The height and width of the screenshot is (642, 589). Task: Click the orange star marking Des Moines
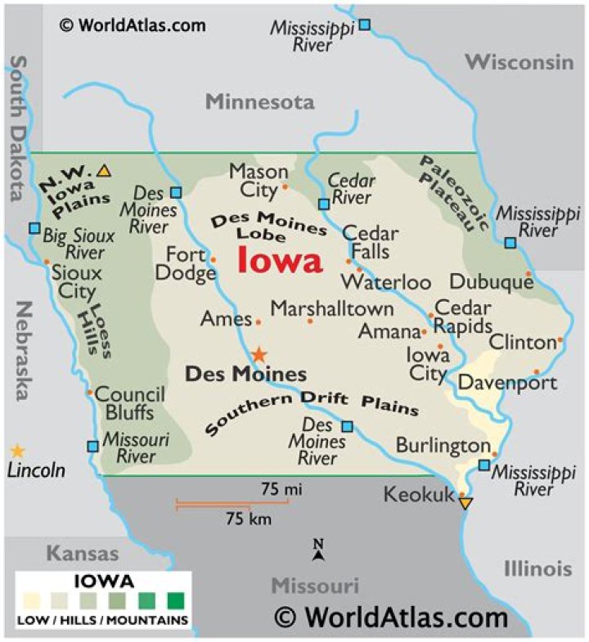coord(259,354)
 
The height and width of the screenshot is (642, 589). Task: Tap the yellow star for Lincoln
coord(16,451)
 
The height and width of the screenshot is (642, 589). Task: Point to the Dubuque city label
coord(491,282)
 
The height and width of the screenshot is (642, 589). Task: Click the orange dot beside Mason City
coord(286,186)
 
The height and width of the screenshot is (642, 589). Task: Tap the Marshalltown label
coord(332,309)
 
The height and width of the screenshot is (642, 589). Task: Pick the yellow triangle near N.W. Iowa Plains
coord(103,171)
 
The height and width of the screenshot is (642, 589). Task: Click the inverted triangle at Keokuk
coord(465,503)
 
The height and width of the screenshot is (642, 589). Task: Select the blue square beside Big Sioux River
coord(34,228)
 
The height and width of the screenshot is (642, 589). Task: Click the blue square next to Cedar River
coord(324,203)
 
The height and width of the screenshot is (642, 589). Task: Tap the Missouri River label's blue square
coord(92,446)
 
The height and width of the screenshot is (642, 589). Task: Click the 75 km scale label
coord(249,519)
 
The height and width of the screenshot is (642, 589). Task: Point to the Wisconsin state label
coord(519,62)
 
